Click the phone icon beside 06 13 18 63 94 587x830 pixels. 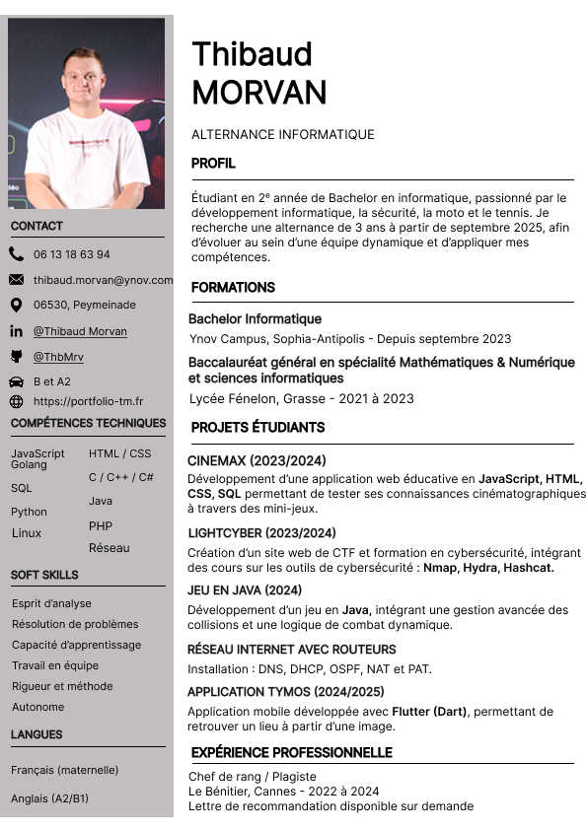(16, 254)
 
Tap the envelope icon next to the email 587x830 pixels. (16, 280)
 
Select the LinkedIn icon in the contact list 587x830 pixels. (16, 331)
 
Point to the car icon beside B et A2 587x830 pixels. (16, 381)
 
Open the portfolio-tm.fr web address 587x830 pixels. (88, 401)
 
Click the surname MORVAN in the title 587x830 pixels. (258, 92)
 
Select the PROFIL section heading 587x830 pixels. (213, 164)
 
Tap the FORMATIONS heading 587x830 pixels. (233, 288)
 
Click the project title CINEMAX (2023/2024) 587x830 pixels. (257, 460)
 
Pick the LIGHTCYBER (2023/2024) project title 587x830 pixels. (261, 533)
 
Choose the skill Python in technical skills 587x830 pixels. (29, 512)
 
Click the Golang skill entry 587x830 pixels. (29, 464)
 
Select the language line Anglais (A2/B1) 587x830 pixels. (49, 798)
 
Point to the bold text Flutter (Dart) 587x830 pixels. (430, 711)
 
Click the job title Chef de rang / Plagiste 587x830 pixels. (253, 777)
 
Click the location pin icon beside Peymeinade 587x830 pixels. (16, 306)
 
